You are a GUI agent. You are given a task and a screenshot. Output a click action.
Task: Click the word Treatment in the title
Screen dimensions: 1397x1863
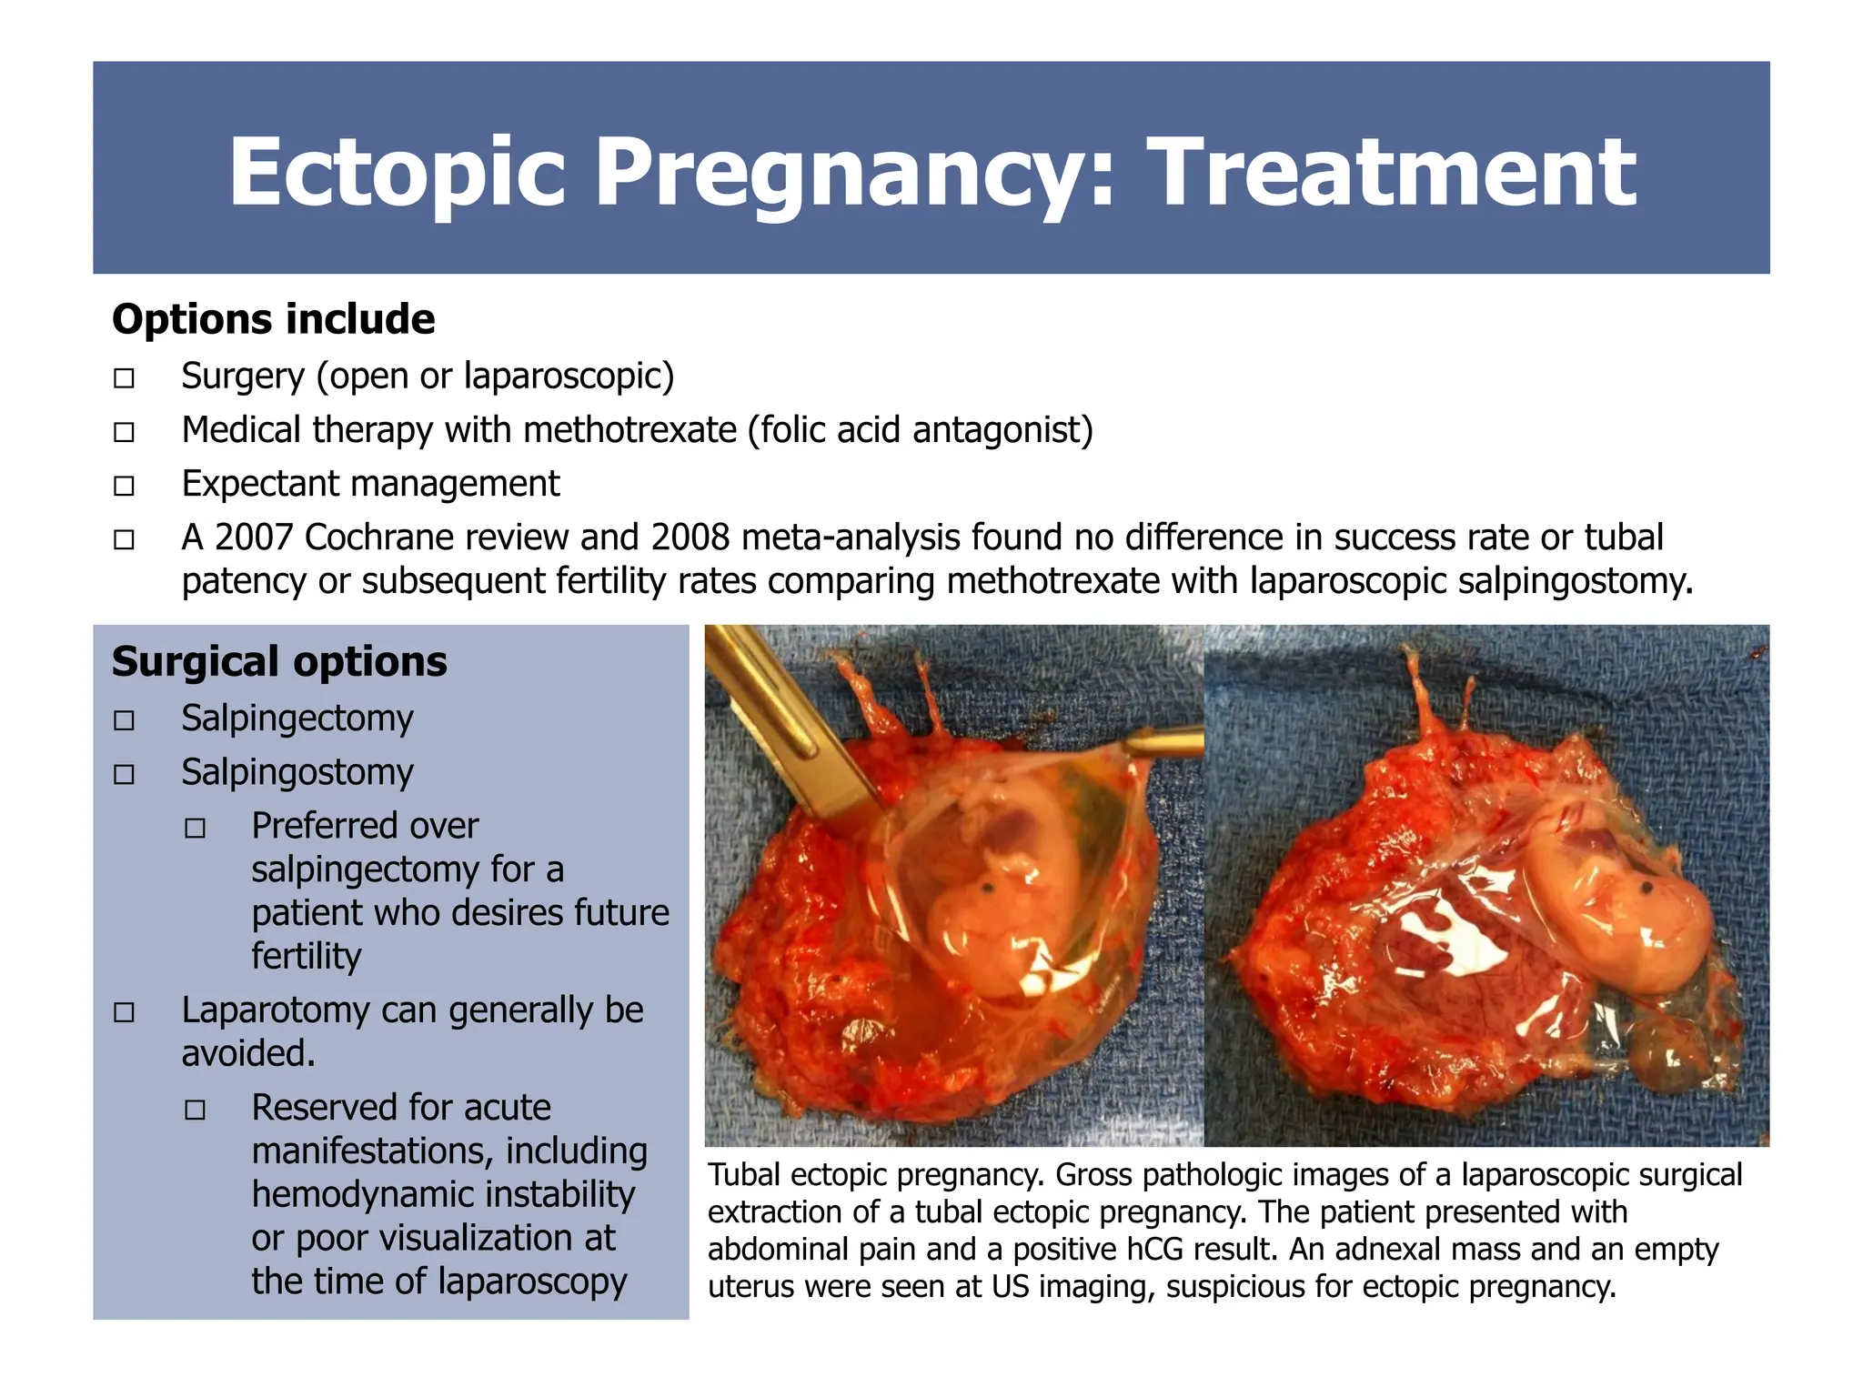[1391, 171]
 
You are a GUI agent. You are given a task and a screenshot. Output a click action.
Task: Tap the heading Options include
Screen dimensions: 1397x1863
[273, 319]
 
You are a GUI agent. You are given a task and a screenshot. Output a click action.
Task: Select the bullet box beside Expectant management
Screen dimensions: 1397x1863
[124, 486]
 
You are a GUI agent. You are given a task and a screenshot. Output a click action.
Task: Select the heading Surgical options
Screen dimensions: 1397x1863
[279, 661]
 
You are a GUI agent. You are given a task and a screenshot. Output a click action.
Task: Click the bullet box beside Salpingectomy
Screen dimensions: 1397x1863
[124, 721]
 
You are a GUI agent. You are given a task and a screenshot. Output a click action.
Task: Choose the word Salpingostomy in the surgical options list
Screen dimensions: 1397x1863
[297, 772]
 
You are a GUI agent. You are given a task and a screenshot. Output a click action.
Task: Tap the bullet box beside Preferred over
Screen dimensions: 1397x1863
[195, 829]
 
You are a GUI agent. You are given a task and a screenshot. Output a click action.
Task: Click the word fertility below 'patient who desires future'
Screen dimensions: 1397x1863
[306, 956]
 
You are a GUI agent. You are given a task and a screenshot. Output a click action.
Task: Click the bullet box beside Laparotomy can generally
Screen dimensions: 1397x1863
[124, 1012]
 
